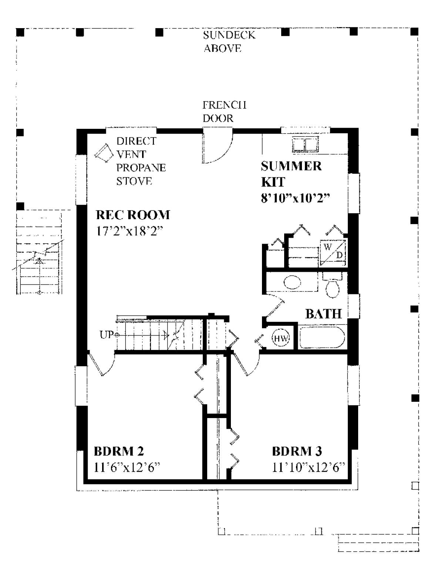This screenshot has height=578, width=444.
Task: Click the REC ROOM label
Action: pos(133,215)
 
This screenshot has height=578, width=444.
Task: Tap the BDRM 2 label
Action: pos(119,451)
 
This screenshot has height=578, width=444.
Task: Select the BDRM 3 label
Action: pos(297,451)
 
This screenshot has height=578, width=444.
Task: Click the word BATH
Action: pos(323,314)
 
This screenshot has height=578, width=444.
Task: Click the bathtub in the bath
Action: pos(322,337)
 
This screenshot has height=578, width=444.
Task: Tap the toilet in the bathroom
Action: pos(333,286)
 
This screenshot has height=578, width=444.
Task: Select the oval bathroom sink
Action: pos(292,282)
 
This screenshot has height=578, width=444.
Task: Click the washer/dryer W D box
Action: pos(333,253)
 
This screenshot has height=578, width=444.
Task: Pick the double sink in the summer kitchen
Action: pos(305,144)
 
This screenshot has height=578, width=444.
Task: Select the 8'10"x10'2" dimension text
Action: pos(296,198)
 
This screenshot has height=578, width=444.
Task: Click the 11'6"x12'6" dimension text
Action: pos(127,467)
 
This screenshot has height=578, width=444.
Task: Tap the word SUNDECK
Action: pos(229,35)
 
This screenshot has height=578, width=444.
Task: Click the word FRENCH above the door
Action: pos(225,105)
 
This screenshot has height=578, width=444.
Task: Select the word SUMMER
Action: pos(291,166)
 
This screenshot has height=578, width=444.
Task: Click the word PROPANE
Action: pos(141,168)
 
